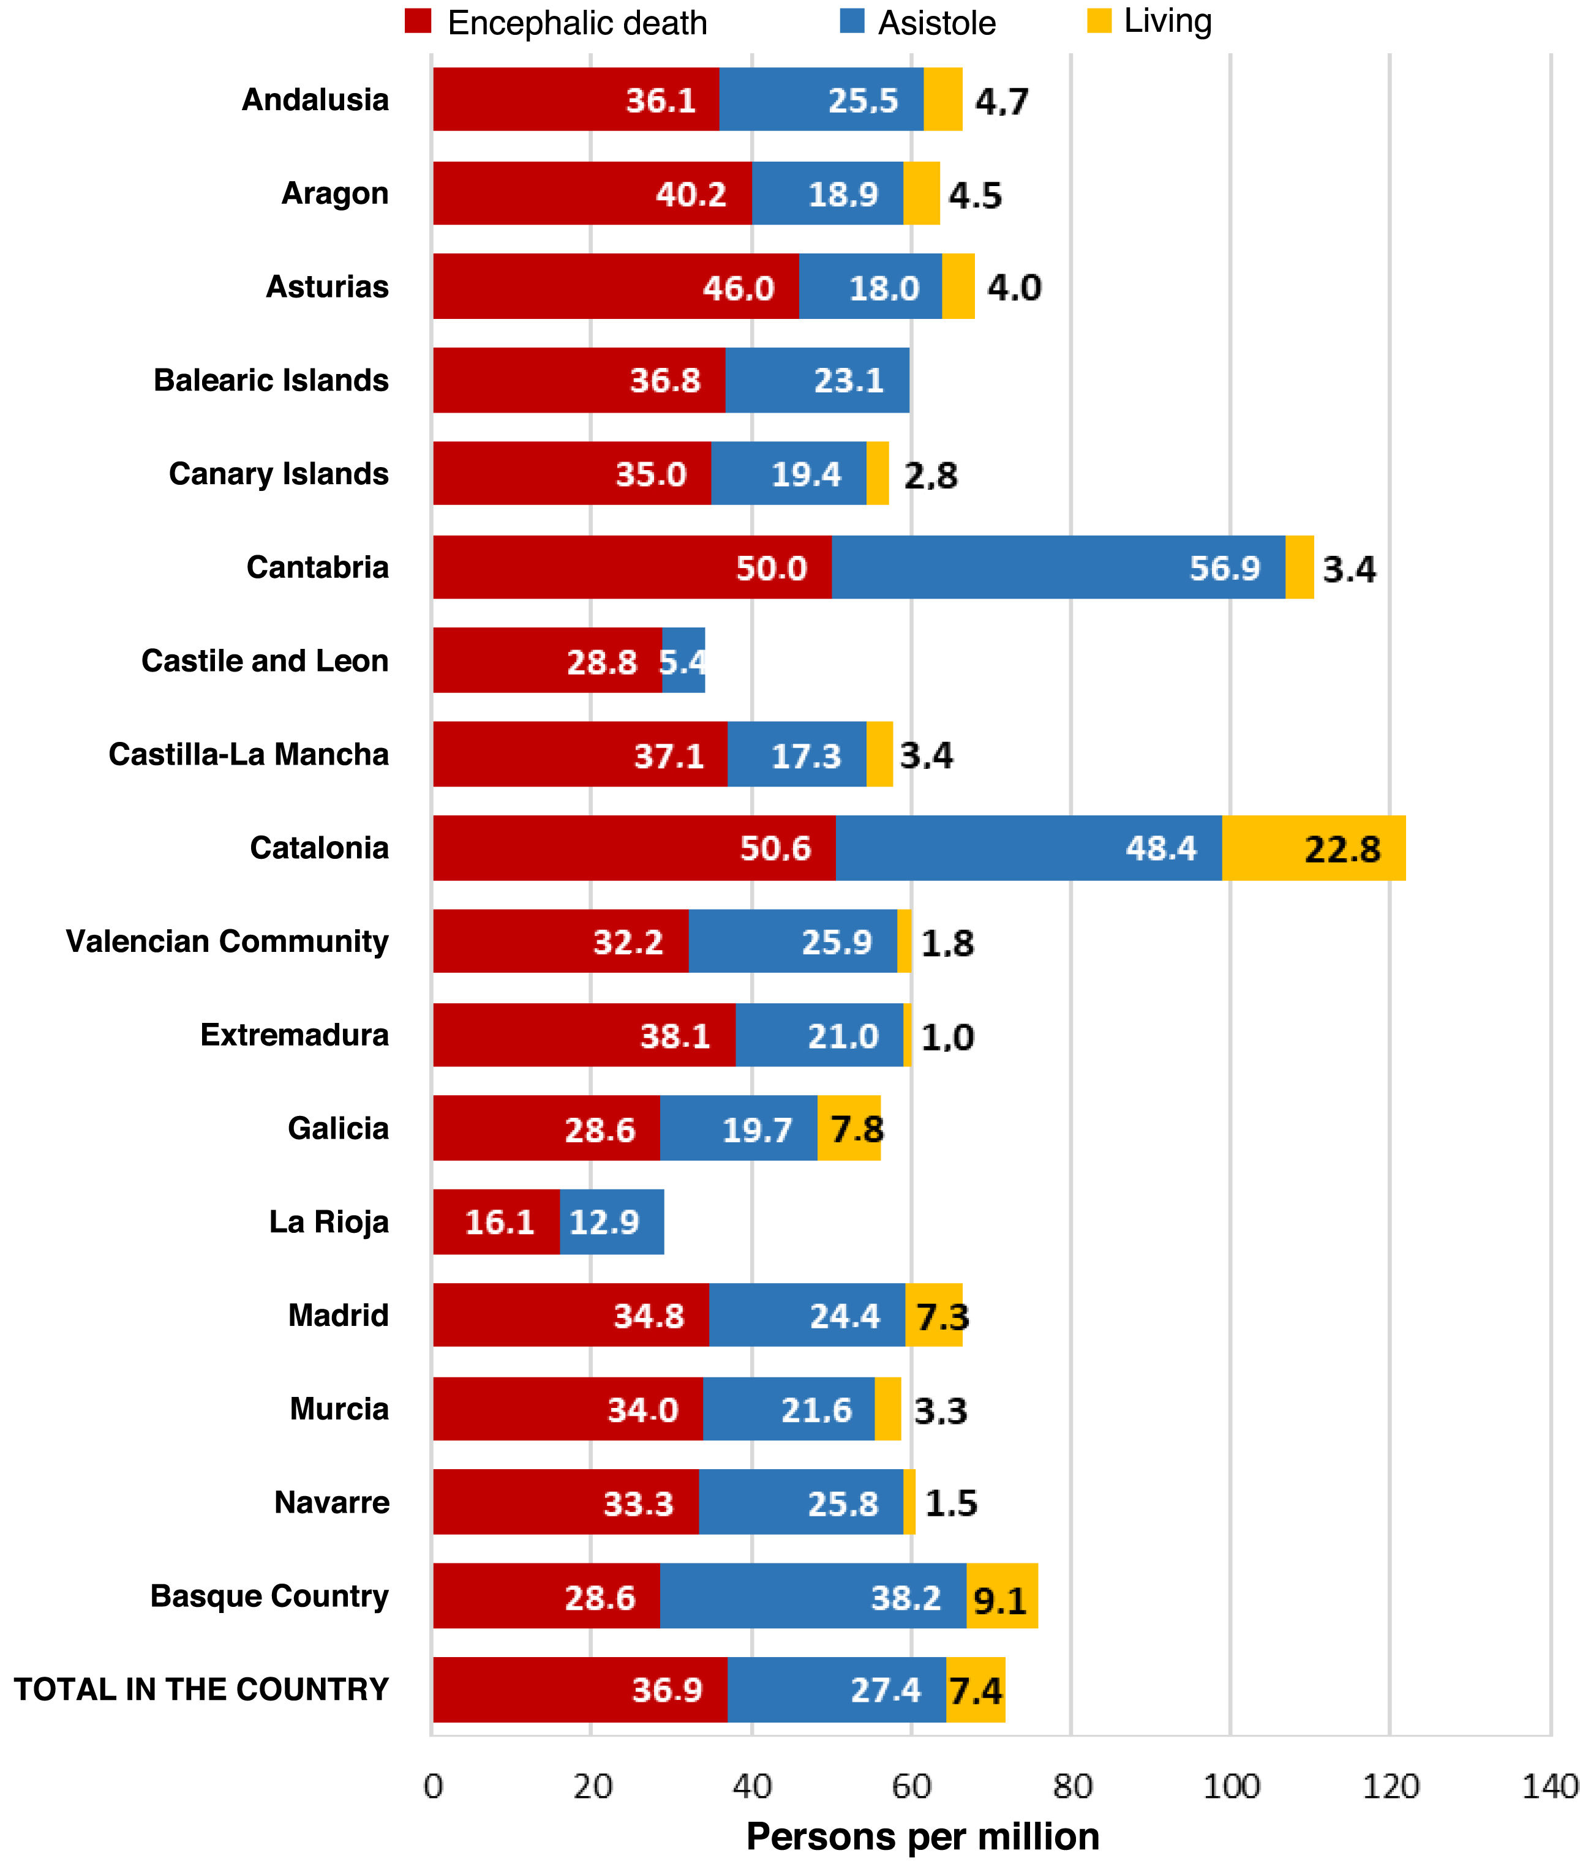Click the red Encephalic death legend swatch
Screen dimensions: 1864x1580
click(418, 21)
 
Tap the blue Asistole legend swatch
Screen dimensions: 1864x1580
click(852, 21)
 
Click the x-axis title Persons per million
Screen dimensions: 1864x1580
click(922, 1836)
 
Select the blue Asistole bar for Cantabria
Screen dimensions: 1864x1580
click(1058, 567)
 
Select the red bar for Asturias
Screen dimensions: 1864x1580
click(615, 286)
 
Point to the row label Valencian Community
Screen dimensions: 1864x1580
click(227, 941)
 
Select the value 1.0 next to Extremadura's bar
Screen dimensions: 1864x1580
click(947, 1037)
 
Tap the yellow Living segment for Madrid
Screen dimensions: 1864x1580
click(933, 1315)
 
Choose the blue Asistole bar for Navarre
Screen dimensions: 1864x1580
click(801, 1502)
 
